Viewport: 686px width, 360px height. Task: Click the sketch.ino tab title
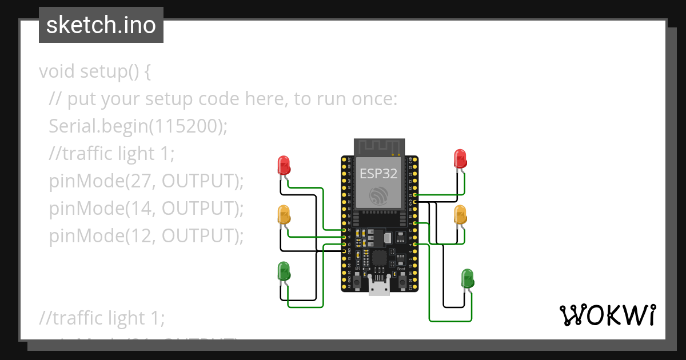click(101, 25)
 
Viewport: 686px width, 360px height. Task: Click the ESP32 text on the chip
click(378, 174)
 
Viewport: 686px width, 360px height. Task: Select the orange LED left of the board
click(284, 215)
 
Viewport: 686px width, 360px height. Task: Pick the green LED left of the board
click(284, 271)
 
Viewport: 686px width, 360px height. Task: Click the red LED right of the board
click(460, 158)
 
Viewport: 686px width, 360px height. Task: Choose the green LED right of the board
click(468, 278)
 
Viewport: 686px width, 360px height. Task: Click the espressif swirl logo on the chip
click(378, 195)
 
